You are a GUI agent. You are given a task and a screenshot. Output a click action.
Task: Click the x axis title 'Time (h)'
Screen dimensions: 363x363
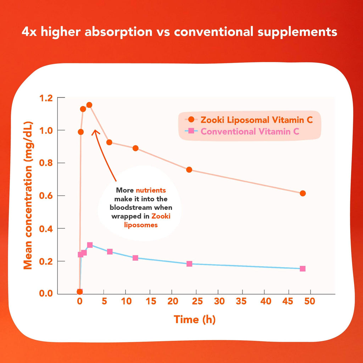[195, 319]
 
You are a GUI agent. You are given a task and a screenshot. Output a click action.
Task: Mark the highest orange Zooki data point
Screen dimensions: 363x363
[89, 105]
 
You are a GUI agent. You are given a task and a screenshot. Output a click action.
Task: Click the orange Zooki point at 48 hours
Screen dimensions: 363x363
[303, 193]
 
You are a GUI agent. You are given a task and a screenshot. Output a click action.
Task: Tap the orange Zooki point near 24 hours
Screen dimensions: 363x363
[189, 170]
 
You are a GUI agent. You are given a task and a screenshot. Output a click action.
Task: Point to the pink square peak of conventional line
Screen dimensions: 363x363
[90, 245]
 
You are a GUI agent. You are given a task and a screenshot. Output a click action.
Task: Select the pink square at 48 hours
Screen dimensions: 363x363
[303, 269]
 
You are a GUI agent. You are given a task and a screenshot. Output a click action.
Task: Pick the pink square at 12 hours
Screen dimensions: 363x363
[135, 258]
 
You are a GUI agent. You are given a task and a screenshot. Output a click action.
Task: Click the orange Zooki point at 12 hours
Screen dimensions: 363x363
[135, 148]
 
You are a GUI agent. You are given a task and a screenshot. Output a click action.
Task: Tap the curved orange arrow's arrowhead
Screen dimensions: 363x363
[95, 132]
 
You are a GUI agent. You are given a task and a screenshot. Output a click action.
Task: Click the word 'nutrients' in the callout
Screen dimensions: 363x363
[151, 190]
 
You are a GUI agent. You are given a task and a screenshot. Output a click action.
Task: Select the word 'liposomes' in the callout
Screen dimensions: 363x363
[141, 225]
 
